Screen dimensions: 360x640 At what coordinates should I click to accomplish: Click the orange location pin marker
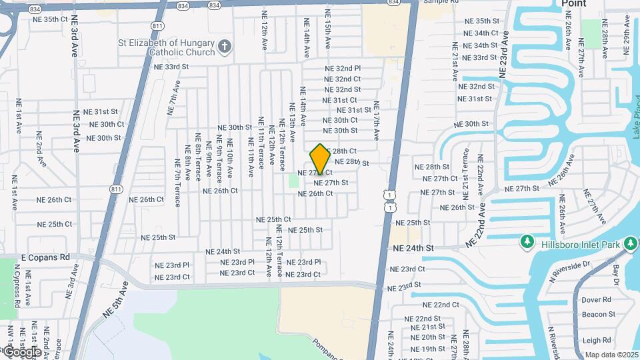320,159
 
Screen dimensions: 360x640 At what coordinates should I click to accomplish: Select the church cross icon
225,47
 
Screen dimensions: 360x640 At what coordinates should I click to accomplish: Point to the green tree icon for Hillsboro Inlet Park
527,240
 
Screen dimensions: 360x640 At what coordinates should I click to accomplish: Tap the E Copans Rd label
45,257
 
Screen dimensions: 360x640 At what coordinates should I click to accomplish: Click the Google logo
21,351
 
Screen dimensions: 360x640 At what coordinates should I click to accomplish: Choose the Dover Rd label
597,300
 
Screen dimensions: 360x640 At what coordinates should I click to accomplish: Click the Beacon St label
598,315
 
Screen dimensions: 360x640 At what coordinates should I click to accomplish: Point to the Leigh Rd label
597,340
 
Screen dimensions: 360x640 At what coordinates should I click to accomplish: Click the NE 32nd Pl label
343,69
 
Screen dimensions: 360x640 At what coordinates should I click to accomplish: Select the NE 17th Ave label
377,120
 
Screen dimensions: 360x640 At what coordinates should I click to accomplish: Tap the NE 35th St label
482,21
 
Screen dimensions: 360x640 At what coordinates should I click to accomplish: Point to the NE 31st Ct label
340,100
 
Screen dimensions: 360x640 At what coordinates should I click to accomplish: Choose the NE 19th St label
428,349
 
